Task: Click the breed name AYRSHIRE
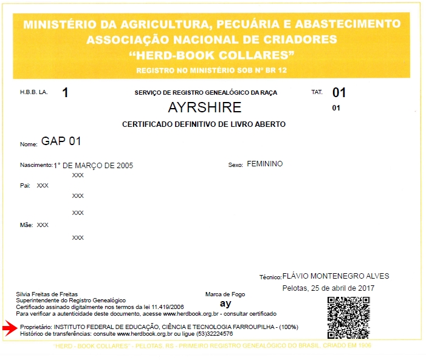click(204, 108)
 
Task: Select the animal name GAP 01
click(61, 142)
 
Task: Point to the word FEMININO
click(264, 164)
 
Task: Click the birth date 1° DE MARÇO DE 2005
click(93, 165)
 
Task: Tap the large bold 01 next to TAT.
click(338, 93)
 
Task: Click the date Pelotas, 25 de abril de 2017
click(329, 288)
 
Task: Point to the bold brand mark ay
click(225, 304)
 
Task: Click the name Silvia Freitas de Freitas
click(47, 294)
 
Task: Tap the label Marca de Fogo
click(225, 294)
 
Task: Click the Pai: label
click(25, 185)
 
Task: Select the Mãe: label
click(26, 225)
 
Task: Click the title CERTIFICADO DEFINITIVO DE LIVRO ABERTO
click(204, 124)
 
